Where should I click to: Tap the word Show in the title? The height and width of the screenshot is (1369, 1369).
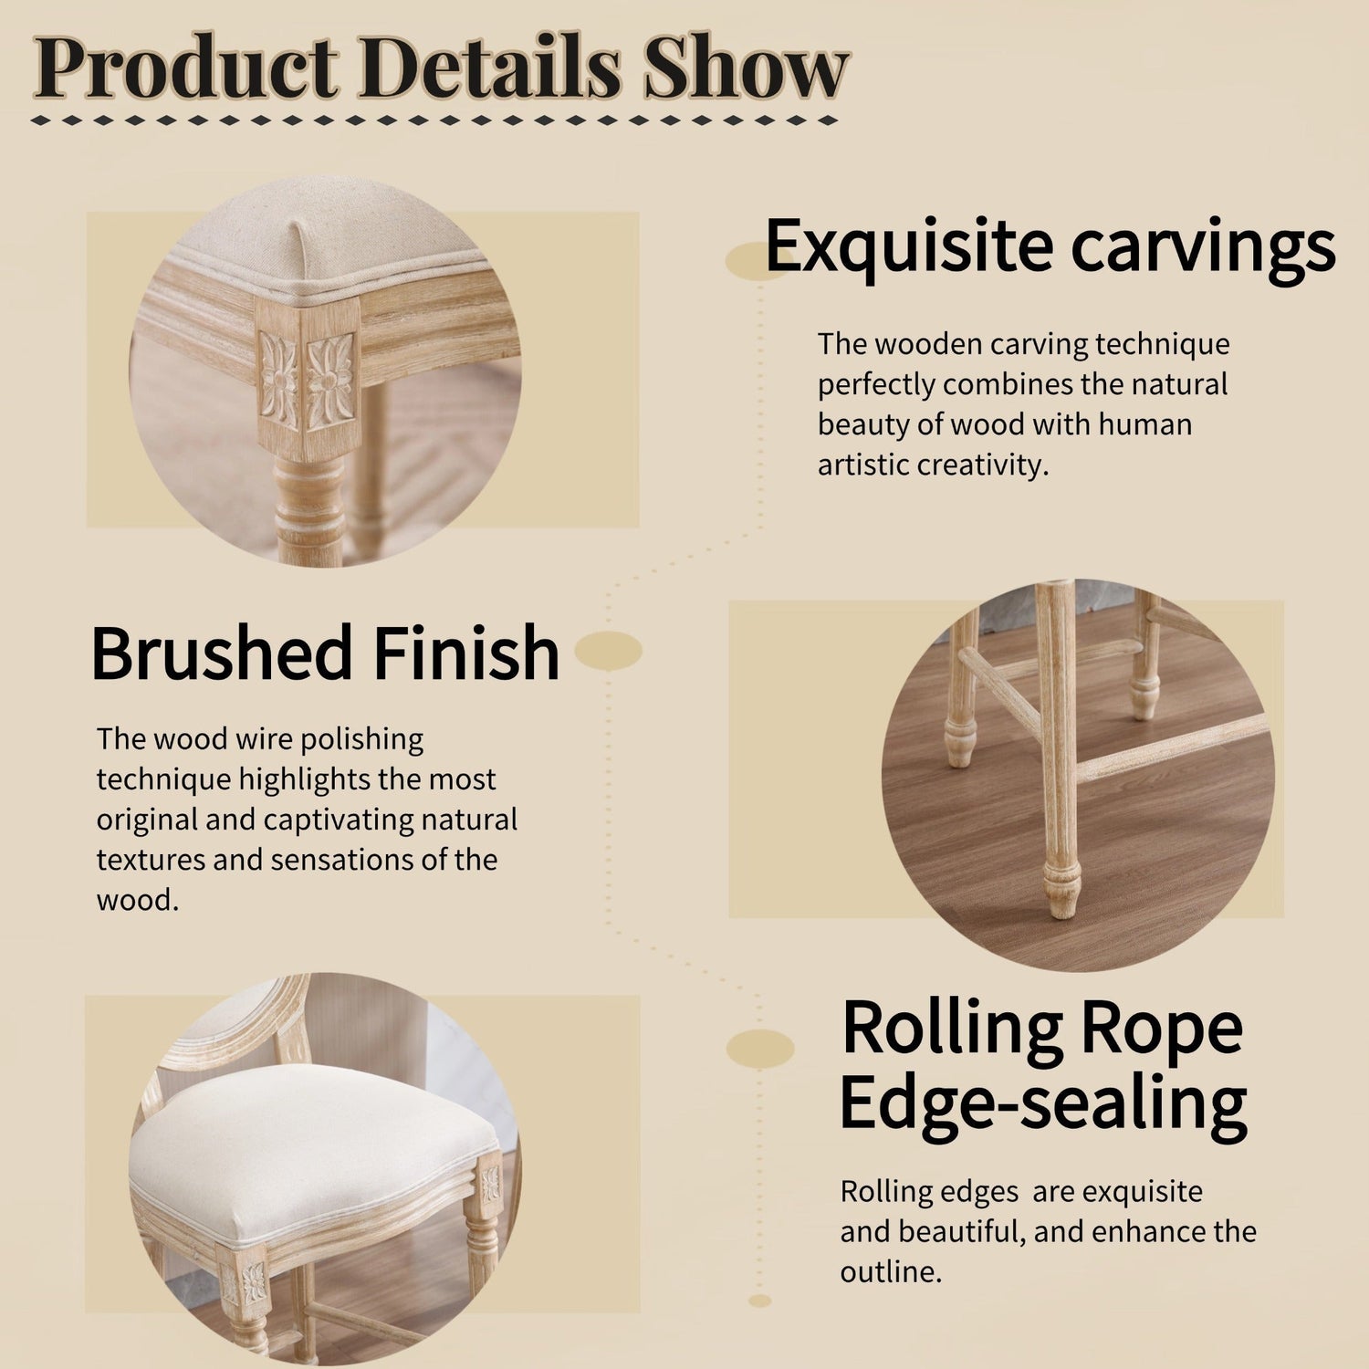(x=745, y=69)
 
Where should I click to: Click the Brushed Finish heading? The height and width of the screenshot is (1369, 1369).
(x=325, y=653)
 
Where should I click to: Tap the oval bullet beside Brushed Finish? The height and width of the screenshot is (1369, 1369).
(x=609, y=652)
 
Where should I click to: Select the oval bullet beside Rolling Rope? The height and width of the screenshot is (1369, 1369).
(x=760, y=1049)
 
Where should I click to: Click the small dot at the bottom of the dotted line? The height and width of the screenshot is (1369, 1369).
(x=759, y=1301)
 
